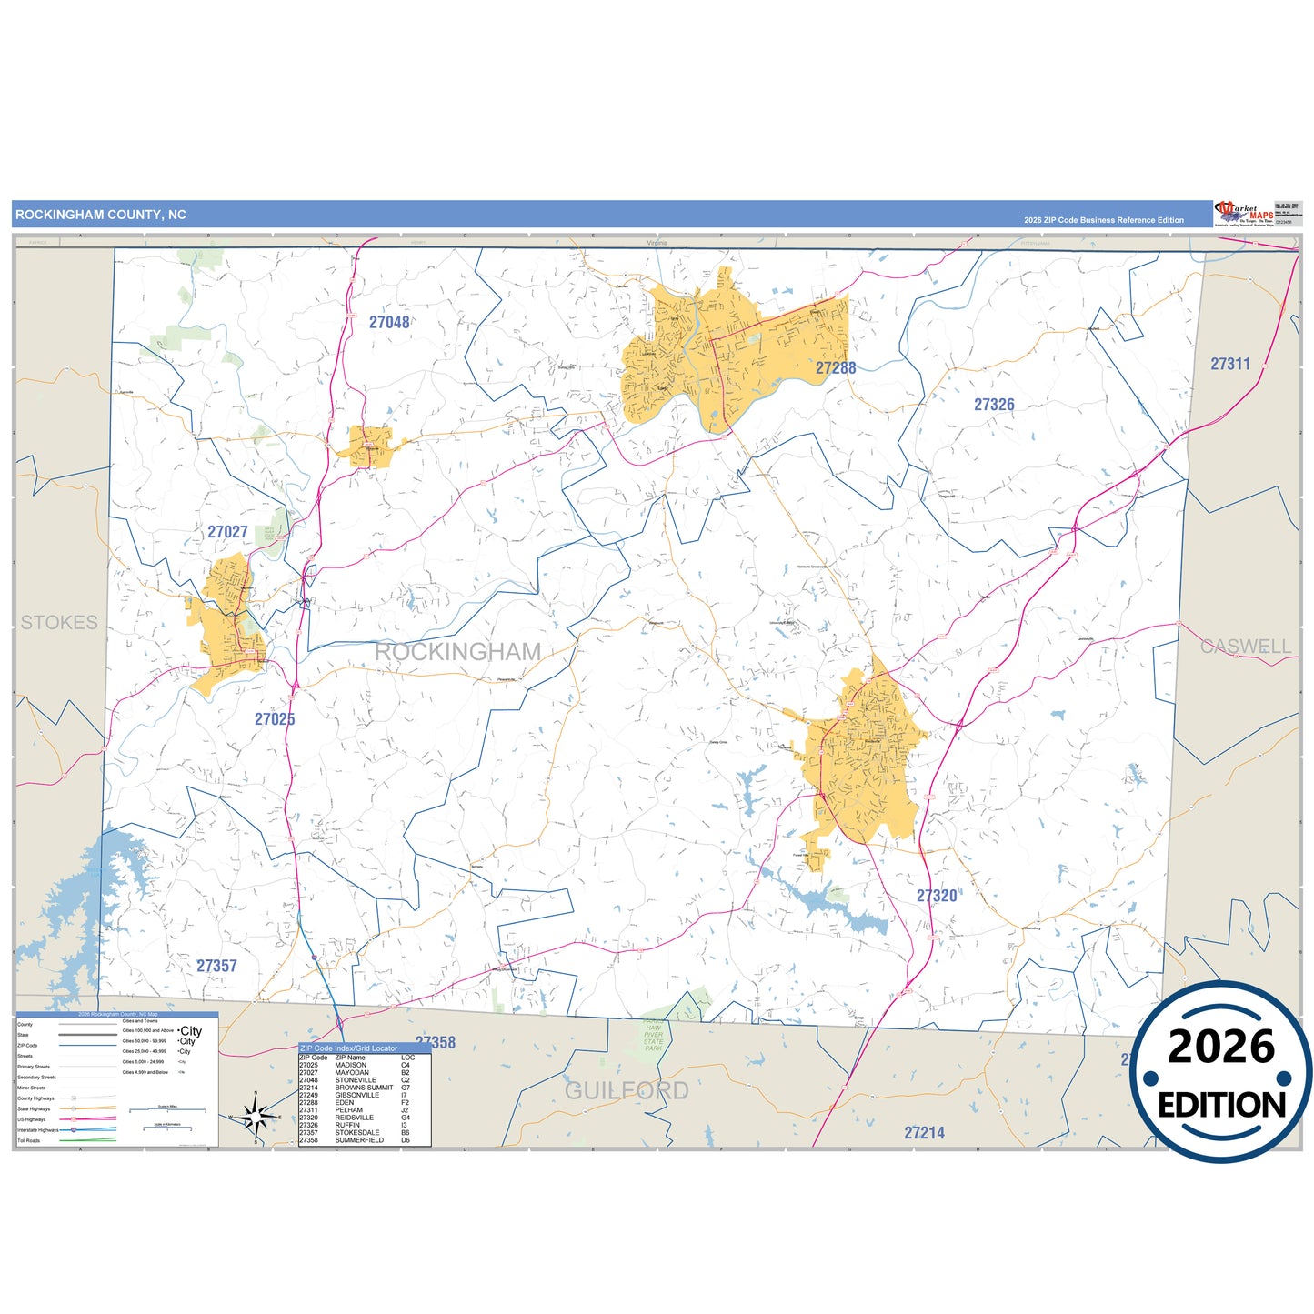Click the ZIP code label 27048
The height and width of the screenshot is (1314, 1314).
pyautogui.click(x=389, y=323)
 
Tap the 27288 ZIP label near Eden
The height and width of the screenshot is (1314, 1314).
pyautogui.click(x=835, y=368)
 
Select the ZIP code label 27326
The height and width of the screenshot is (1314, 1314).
pyautogui.click(x=994, y=405)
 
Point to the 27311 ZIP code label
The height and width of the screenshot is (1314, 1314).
pyautogui.click(x=1230, y=364)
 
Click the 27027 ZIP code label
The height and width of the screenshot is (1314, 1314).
pyautogui.click(x=227, y=532)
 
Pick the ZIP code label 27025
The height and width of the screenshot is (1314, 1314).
pyautogui.click(x=275, y=719)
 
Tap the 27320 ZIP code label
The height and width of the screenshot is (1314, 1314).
pyautogui.click(x=937, y=896)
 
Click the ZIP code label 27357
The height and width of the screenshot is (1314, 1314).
pyautogui.click(x=216, y=966)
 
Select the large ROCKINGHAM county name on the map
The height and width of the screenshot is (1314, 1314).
pyautogui.click(x=457, y=652)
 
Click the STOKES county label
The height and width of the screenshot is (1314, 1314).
pyautogui.click(x=59, y=623)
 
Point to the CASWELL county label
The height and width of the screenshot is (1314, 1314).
pyautogui.click(x=1245, y=647)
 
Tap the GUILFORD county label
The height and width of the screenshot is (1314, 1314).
pyautogui.click(x=627, y=1090)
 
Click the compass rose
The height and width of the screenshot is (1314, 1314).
pyautogui.click(x=256, y=1116)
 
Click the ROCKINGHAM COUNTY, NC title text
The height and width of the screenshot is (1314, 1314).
pyautogui.click(x=101, y=215)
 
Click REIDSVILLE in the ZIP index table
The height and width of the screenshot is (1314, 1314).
pyautogui.click(x=354, y=1118)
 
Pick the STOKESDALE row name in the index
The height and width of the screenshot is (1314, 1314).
pyautogui.click(x=357, y=1133)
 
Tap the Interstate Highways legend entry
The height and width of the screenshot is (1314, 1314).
pyautogui.click(x=38, y=1130)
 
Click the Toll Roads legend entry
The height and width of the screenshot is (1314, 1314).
pyautogui.click(x=29, y=1140)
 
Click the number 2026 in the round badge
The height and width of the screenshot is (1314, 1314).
pyautogui.click(x=1220, y=1048)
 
